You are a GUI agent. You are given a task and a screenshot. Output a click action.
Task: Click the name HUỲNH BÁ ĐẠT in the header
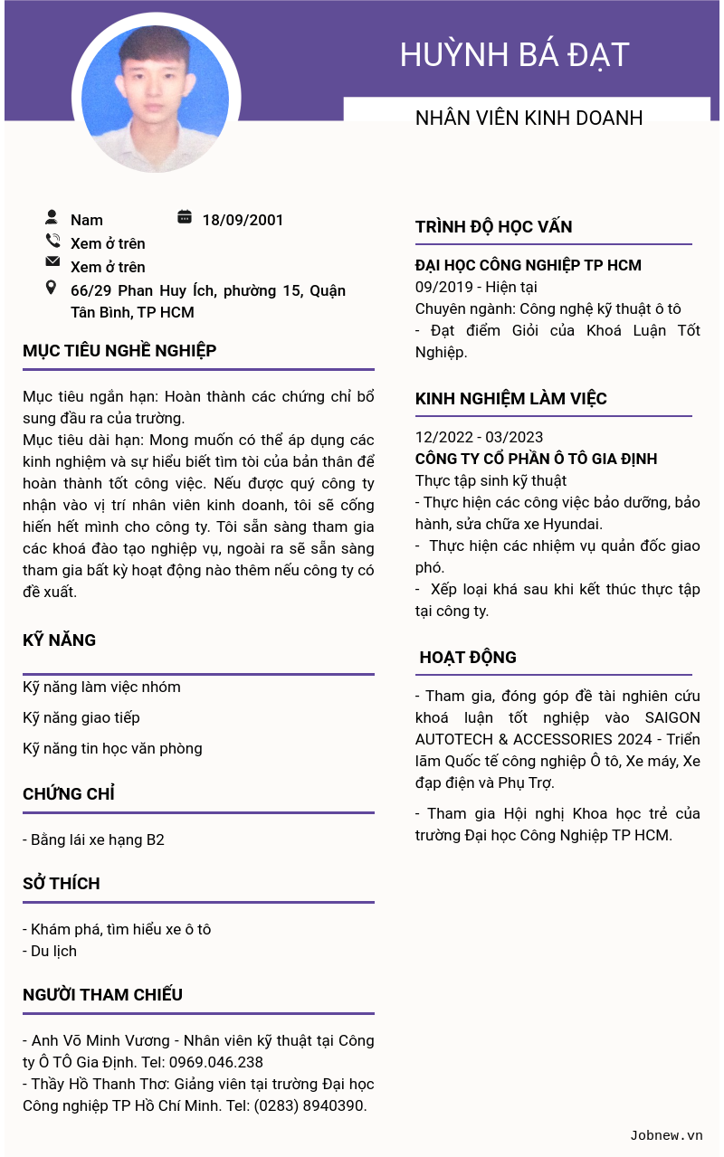pos(514,55)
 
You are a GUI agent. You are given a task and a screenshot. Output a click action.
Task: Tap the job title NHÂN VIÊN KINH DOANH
pos(529,119)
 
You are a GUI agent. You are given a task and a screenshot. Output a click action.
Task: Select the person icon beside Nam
pos(52,217)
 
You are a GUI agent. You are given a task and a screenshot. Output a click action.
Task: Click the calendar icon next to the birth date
pos(185,217)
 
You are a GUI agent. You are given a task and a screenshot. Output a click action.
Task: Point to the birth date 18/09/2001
pos(243,220)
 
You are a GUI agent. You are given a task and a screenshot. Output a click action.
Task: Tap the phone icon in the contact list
pos(52,241)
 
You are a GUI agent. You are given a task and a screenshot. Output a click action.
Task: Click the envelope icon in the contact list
pos(52,262)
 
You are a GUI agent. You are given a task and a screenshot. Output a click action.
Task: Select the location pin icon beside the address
pos(51,288)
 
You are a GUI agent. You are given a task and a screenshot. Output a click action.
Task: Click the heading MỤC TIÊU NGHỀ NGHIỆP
pos(119,351)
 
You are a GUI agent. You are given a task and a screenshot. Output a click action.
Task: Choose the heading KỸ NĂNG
pos(59,640)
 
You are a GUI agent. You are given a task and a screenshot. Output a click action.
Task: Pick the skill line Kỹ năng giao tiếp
pos(81,717)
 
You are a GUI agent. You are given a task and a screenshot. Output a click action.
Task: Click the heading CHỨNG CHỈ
pos(69,794)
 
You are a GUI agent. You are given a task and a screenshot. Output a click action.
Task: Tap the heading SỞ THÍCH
pos(62,884)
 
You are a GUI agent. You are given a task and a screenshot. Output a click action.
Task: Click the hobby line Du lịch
pos(53,951)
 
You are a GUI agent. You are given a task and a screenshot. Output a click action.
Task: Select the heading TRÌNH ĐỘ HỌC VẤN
pos(493,227)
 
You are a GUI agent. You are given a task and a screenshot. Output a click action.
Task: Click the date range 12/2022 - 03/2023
pos(479,437)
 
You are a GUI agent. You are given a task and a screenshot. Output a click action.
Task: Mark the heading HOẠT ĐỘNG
pos(468,658)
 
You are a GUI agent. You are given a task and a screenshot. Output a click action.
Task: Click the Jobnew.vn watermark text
pos(666,1135)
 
